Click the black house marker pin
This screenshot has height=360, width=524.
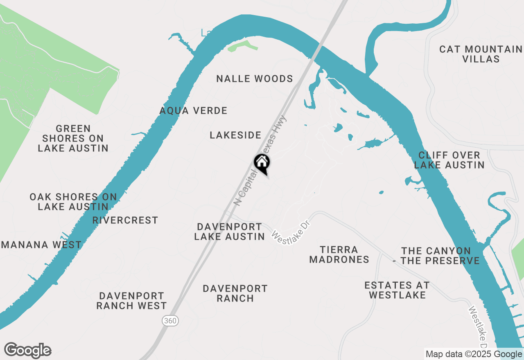point(262,164)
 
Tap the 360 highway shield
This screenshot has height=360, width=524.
point(170,321)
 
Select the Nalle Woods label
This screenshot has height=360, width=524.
point(255,79)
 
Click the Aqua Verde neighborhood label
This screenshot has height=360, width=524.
point(193,110)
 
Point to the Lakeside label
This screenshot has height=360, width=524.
point(235,135)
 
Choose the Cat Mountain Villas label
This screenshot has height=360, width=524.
point(481,54)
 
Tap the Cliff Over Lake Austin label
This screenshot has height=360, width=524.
point(449,160)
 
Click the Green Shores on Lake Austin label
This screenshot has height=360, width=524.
point(73,138)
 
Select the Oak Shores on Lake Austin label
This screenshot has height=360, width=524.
point(73,202)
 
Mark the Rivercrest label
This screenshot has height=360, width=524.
point(125,220)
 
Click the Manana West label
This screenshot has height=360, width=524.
point(41,245)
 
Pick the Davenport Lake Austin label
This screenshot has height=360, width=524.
point(229,232)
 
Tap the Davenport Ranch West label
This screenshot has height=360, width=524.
point(131,301)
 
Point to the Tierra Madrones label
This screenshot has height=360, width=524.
point(339,254)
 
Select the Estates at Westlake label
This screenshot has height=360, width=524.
point(397,290)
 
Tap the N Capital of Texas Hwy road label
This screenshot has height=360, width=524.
point(260,160)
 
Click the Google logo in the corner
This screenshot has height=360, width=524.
point(28,351)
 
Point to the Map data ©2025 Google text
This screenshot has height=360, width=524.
point(474,354)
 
